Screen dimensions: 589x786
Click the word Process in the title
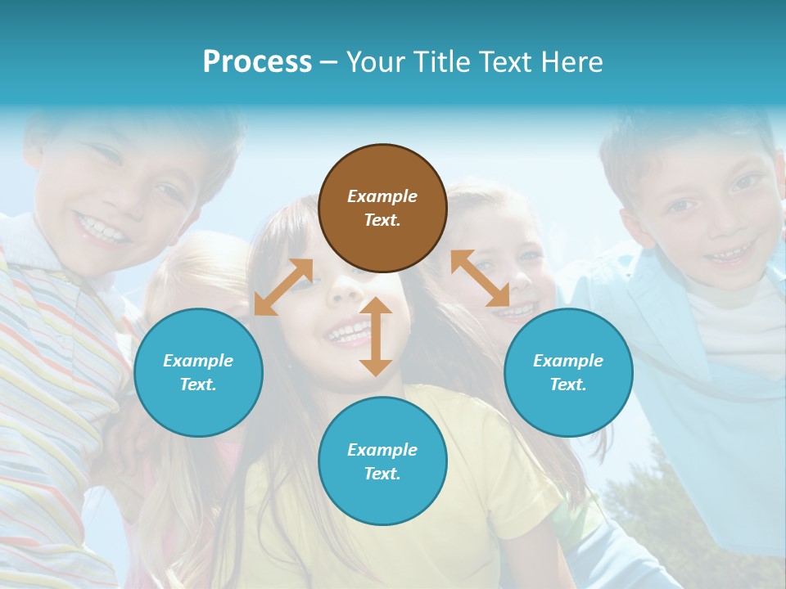click(257, 62)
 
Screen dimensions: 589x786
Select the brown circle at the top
click(382, 208)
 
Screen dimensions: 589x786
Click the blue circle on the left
click(198, 372)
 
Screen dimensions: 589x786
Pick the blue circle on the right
click(568, 372)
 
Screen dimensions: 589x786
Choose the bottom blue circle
click(382, 461)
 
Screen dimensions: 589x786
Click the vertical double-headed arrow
click(376, 336)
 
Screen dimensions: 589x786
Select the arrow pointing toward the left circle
click(283, 286)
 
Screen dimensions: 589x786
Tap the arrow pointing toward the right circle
click(481, 278)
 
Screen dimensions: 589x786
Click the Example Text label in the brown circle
click(382, 208)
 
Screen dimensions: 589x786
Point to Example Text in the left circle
click(198, 372)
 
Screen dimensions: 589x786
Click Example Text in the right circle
click(568, 372)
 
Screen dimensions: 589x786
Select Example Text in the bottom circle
click(382, 461)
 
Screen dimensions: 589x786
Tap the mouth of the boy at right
click(725, 254)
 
